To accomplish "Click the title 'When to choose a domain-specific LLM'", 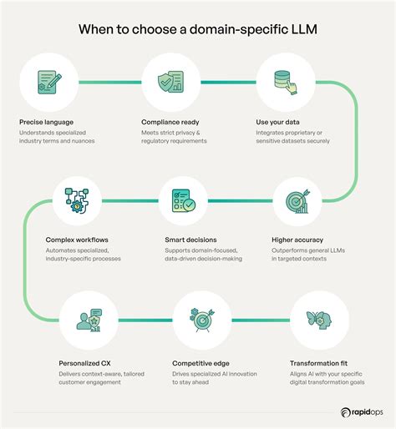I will coord(198,28).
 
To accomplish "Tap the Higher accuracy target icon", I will coord(297,201).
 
